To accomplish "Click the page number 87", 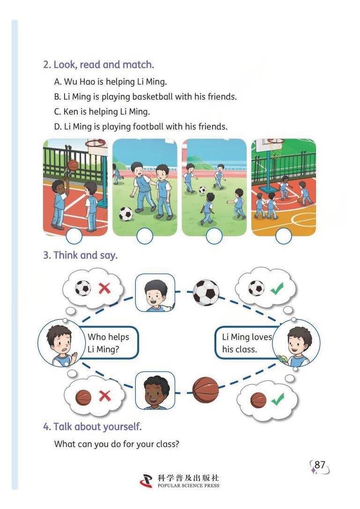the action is click(x=320, y=465).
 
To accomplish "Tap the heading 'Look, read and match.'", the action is click(x=103, y=65).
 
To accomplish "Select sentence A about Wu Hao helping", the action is click(x=110, y=81).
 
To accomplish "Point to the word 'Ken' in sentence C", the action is click(x=71, y=112).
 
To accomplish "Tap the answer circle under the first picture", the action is click(x=74, y=236).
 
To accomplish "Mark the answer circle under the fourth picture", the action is click(x=283, y=236).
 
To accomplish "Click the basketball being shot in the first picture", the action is click(x=73, y=165).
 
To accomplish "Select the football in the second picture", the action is click(x=126, y=214).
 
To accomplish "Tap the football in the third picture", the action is click(x=202, y=189).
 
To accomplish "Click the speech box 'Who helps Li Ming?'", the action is click(x=109, y=343).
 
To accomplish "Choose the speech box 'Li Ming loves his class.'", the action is click(x=244, y=343).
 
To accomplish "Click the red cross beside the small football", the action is click(x=104, y=288).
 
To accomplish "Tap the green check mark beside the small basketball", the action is click(x=278, y=399).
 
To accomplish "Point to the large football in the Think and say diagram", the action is click(x=206, y=292).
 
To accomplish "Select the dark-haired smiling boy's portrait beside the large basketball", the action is click(x=155, y=391).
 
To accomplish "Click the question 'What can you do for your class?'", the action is click(x=117, y=444).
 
